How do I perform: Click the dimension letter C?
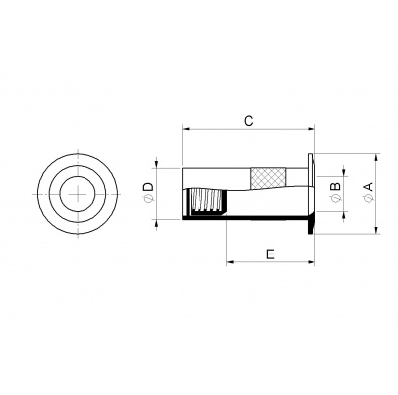tap(249, 121)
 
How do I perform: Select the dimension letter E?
tap(270, 254)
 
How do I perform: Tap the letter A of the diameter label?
tap(369, 186)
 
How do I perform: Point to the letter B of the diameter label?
tap(336, 186)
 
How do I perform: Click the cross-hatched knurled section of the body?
tap(267, 179)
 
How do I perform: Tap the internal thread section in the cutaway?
tap(207, 201)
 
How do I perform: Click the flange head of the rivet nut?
tap(311, 194)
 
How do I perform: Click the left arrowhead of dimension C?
tap(186, 129)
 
